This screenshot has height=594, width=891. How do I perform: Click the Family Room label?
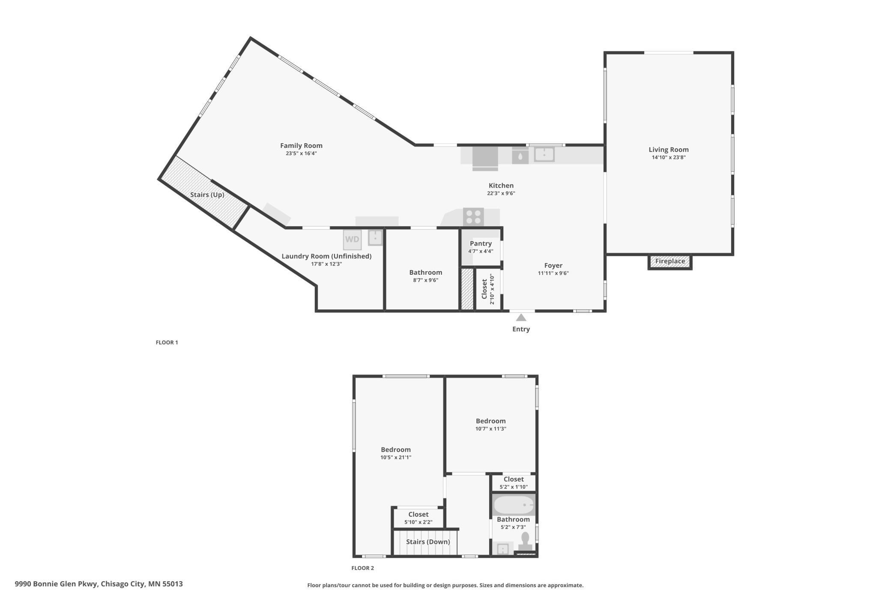coord(301,146)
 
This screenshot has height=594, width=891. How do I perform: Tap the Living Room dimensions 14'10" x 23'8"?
coord(668,157)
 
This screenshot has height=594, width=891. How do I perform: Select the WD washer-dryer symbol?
coord(352,240)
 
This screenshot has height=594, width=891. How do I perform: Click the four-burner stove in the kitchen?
coord(473,216)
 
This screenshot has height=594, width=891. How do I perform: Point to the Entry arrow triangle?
coord(521,318)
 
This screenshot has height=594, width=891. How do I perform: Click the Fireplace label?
coord(670,261)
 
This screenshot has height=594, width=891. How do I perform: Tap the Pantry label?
coord(481,243)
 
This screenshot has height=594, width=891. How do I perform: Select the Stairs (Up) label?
coord(207,195)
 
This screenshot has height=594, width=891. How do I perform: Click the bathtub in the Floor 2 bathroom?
coord(514,505)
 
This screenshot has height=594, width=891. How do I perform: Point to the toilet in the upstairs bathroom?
coord(525,542)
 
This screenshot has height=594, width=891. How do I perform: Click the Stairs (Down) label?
coord(428,542)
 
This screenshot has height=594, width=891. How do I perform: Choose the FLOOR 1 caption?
coord(167,342)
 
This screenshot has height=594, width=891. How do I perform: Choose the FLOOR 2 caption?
coord(362,568)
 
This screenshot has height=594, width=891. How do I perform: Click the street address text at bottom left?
coord(99,584)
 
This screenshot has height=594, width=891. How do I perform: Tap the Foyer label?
coord(553,266)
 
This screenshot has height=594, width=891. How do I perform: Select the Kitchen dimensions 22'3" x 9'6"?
coord(501,193)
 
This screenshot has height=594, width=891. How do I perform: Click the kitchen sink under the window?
coord(544,154)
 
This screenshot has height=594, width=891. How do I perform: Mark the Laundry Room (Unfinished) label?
coord(326,256)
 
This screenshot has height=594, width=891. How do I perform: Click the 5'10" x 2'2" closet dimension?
coord(418,522)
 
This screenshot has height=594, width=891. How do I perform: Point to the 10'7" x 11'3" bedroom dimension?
coord(490,429)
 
